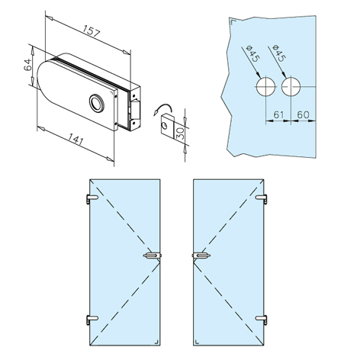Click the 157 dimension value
[92, 31]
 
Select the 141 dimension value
[76, 140]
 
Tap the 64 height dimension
[27, 65]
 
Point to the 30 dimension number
[180, 133]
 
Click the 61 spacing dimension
[278, 114]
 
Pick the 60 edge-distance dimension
[304, 114]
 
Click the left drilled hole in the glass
[265, 86]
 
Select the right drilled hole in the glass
[291, 86]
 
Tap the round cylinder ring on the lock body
[96, 103]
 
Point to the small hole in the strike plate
[166, 126]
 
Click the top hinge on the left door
[92, 198]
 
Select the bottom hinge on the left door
[92, 319]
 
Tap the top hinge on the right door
[262, 198]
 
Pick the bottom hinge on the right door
[262, 320]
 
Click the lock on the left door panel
[153, 256]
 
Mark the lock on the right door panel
[201, 256]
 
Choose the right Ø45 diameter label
[278, 53]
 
